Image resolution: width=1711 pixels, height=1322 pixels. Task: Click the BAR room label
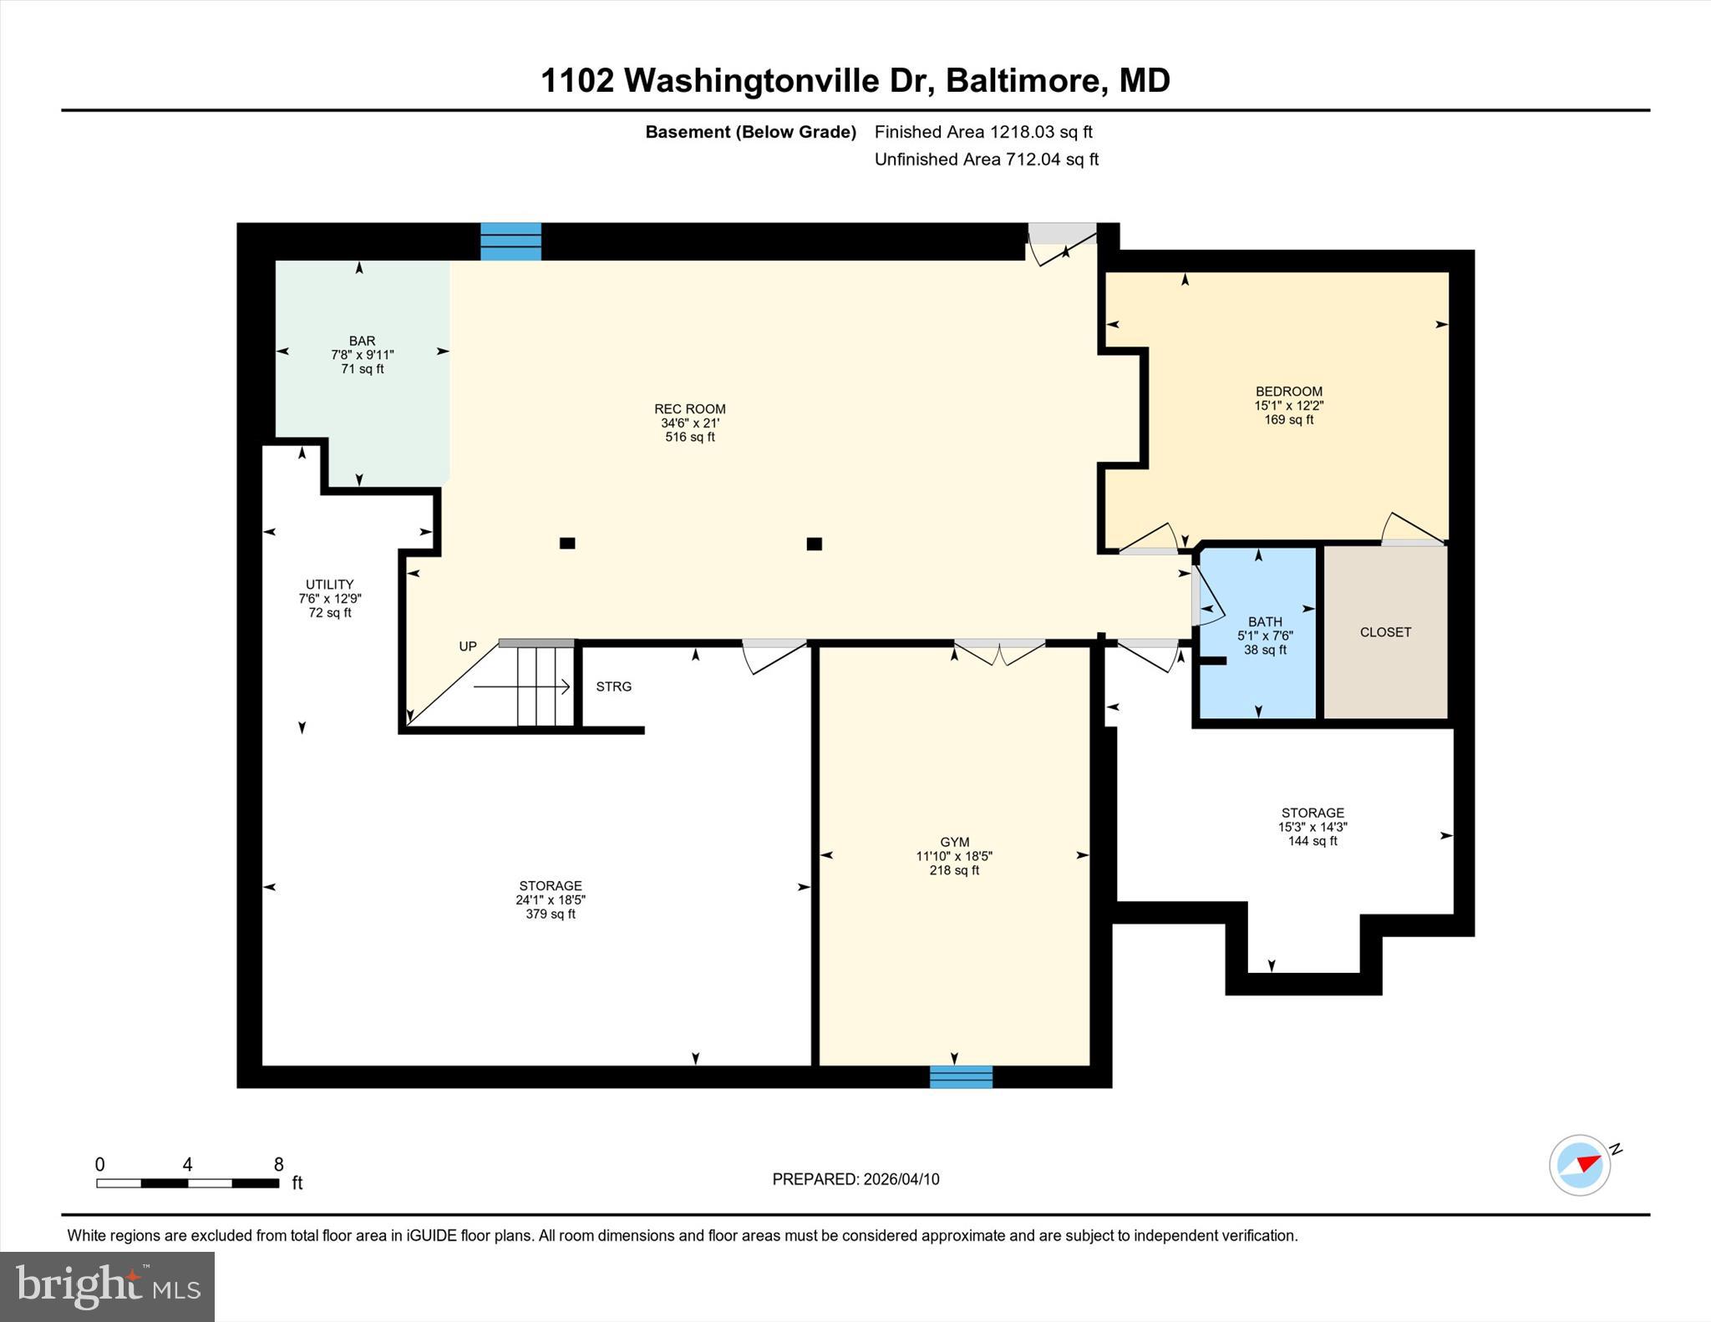362,341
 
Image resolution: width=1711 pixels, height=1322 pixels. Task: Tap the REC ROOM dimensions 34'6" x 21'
689,423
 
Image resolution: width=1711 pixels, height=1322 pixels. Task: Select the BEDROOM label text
1288,391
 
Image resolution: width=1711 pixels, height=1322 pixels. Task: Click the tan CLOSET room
1385,632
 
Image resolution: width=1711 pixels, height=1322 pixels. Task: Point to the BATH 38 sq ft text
1265,650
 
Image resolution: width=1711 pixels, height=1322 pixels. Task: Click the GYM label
954,842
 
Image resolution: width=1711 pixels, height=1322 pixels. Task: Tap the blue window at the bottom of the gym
961,1076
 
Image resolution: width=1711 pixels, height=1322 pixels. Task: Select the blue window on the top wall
510,241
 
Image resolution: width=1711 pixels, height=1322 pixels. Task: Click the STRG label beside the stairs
613,686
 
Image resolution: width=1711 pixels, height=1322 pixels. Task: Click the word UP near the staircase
468,646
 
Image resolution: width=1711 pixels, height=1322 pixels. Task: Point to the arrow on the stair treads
522,686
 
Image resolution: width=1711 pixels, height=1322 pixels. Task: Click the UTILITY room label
329,585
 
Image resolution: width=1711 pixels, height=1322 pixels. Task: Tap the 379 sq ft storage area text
550,914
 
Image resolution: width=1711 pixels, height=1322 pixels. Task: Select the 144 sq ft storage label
1312,841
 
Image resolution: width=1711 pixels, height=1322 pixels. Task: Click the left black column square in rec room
567,543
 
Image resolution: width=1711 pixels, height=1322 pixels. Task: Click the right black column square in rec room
814,544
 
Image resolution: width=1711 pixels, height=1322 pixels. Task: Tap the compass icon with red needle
1580,1165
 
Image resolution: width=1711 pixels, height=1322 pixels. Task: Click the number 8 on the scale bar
278,1164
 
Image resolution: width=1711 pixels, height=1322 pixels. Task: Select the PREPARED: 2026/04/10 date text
855,1179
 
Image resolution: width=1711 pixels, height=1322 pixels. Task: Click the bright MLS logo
107,1286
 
